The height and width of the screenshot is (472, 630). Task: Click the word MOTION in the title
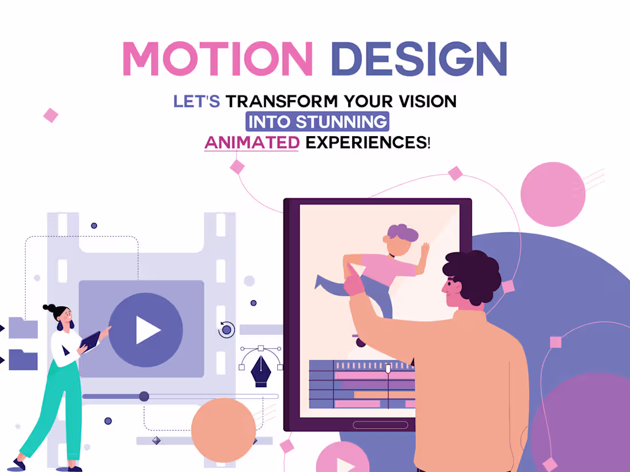coord(218,58)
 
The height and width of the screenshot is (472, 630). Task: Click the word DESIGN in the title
coord(419,58)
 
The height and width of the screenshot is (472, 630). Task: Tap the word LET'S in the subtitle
coord(196,102)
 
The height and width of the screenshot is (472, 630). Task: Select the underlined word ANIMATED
coord(251,142)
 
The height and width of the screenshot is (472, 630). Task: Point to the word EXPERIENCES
coord(367,142)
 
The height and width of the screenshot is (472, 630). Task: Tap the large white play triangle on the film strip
coord(147,330)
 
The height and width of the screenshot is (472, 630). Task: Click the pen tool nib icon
coord(260,371)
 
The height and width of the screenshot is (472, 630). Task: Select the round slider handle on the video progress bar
coord(144,396)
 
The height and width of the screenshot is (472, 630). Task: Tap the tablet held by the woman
coord(90,342)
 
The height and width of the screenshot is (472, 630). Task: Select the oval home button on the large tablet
coord(380,425)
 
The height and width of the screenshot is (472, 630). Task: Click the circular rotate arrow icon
coord(227,330)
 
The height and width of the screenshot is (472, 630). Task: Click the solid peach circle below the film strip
coord(223,430)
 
